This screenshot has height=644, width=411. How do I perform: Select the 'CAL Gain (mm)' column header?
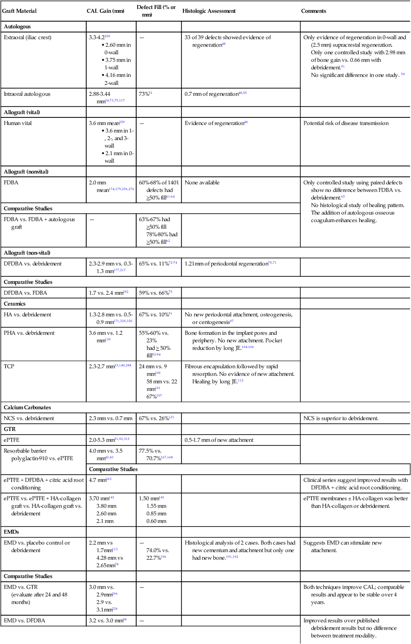[106, 11]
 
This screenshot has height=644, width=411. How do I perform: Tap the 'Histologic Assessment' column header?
[209, 11]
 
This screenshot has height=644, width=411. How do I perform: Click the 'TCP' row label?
[9, 364]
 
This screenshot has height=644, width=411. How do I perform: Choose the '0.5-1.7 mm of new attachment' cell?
[219, 440]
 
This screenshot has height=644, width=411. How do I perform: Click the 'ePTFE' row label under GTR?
[12, 440]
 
